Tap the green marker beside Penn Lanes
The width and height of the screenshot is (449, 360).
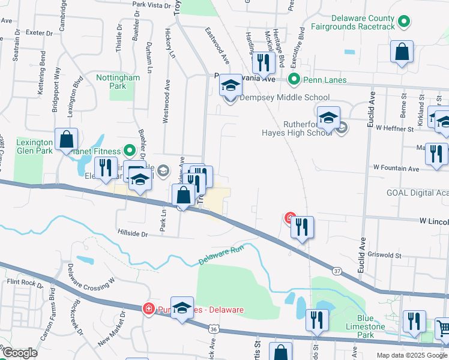click(294, 79)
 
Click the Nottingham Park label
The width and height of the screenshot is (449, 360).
click(118, 82)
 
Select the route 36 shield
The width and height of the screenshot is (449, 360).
click(214, 329)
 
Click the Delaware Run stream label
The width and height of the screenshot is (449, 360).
click(222, 259)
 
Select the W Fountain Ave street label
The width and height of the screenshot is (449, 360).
click(396, 169)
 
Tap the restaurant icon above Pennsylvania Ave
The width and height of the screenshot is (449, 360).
click(262, 62)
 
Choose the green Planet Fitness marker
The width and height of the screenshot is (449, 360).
click(128, 150)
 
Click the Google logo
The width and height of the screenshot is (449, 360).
click(20, 353)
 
